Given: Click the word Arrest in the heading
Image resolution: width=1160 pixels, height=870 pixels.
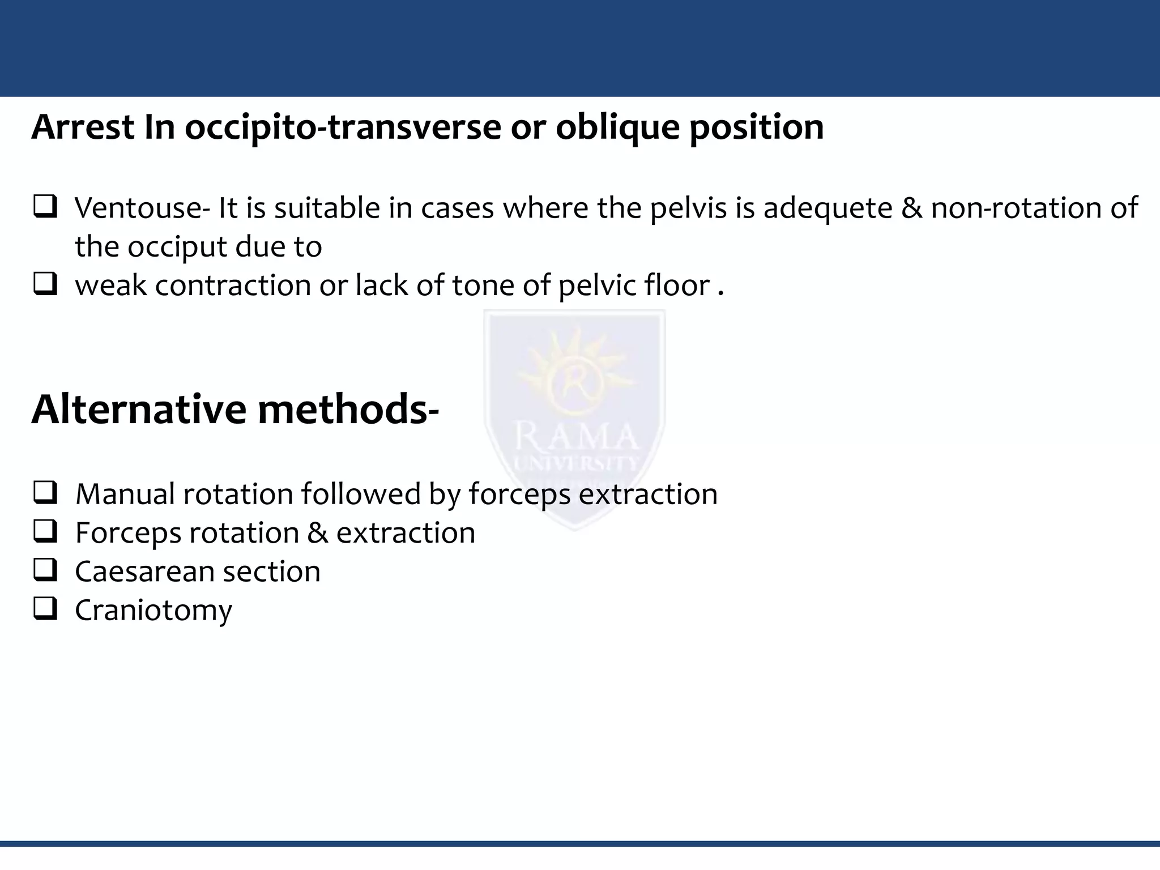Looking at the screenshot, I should pyautogui.click(x=83, y=127).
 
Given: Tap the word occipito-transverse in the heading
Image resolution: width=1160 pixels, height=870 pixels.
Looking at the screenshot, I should pyautogui.click(x=343, y=127).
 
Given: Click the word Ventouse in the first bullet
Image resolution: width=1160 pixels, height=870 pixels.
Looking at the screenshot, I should pyautogui.click(x=138, y=208).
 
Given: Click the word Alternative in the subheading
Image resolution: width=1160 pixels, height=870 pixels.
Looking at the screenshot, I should pyautogui.click(x=139, y=409).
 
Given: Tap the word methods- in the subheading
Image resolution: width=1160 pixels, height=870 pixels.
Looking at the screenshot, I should pyautogui.click(x=348, y=409).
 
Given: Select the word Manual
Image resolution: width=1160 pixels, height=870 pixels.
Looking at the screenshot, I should pyautogui.click(x=125, y=494).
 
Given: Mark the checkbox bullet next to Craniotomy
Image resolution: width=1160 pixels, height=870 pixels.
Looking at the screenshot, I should pyautogui.click(x=45, y=609).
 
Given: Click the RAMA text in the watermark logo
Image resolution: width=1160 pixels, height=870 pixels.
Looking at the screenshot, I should pyautogui.click(x=575, y=437).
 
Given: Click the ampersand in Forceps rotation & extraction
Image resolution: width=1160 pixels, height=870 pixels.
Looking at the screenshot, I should pyautogui.click(x=317, y=533).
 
